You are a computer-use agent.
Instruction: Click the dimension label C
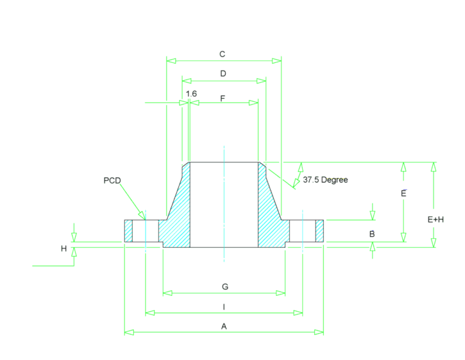(x=222, y=55)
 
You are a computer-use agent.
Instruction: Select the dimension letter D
(x=223, y=73)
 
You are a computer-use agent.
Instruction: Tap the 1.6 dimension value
(x=191, y=94)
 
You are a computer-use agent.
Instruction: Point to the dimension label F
(x=223, y=98)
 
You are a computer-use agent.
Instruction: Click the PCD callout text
(x=112, y=181)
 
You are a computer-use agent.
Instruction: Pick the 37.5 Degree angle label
(x=325, y=180)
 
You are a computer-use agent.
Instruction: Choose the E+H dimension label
(x=436, y=219)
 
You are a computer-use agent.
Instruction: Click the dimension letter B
(x=372, y=234)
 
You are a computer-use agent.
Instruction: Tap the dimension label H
(x=64, y=248)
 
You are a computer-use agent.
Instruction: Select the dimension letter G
(x=225, y=287)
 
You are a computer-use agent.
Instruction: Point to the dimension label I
(x=224, y=307)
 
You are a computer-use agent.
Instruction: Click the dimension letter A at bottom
(x=224, y=327)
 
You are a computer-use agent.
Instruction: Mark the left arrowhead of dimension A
(x=129, y=332)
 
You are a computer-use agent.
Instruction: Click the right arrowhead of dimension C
(x=277, y=61)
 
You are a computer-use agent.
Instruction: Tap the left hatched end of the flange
(x=128, y=231)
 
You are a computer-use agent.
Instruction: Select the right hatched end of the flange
(x=320, y=231)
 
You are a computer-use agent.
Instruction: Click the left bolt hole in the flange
(x=145, y=231)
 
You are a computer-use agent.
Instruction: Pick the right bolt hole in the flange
(x=303, y=231)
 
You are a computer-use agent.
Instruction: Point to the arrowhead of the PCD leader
(x=142, y=216)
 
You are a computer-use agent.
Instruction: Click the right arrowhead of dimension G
(x=280, y=293)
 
